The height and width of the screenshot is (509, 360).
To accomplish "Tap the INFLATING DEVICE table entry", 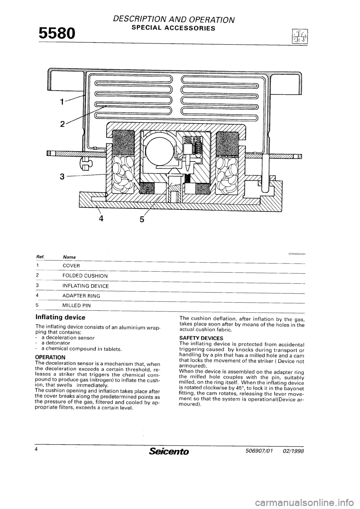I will pyautogui.click(x=85, y=286).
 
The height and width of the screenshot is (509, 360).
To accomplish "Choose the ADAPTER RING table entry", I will pyautogui.click(x=81, y=296).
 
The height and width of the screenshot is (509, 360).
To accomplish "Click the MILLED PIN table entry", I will pyautogui.click(x=76, y=305).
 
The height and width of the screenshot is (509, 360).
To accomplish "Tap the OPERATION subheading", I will pyautogui.click(x=50, y=356).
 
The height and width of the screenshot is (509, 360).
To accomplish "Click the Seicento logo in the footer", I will pyautogui.click(x=171, y=452).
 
